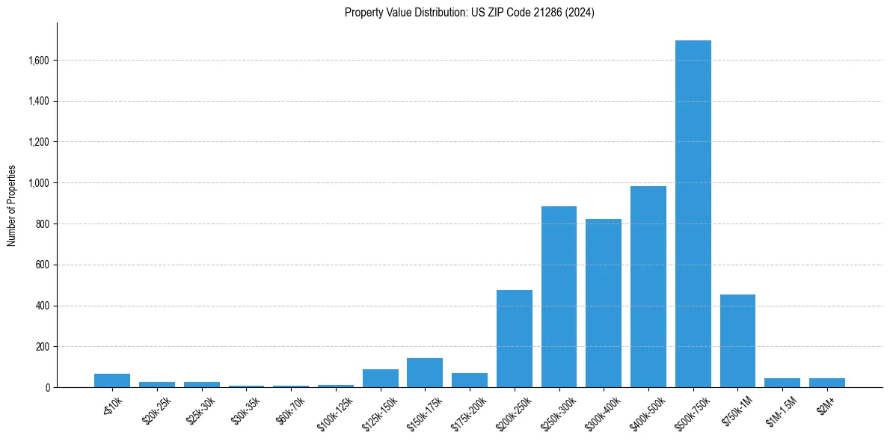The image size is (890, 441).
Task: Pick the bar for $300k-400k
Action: coord(603,303)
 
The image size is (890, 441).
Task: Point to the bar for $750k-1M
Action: coord(737,342)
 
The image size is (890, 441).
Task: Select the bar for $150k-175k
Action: coord(425,373)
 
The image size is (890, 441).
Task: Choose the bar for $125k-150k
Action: coord(380,378)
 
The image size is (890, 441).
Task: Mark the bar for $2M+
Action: coord(826,383)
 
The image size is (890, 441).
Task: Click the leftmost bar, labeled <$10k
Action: coord(112,380)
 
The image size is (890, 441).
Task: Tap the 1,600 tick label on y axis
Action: coord(38,61)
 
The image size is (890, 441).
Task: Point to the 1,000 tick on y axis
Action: coord(38,183)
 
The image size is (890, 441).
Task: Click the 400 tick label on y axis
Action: coord(43,306)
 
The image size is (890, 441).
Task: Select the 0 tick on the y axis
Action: coord(47,388)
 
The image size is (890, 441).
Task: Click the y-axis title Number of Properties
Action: coord(11,206)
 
